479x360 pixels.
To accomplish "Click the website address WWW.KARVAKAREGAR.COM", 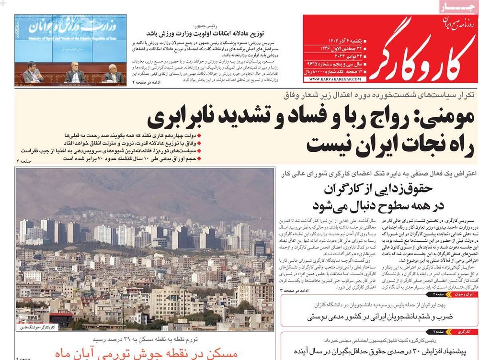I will [330, 79].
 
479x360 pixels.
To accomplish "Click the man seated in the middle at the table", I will [76, 72].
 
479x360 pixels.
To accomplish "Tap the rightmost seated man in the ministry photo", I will [114, 73].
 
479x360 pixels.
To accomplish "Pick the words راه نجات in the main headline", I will [420, 143].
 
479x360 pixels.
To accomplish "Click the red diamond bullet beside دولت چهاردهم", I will [199, 135].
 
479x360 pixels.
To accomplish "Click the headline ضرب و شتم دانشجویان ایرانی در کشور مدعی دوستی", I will [378, 316].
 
